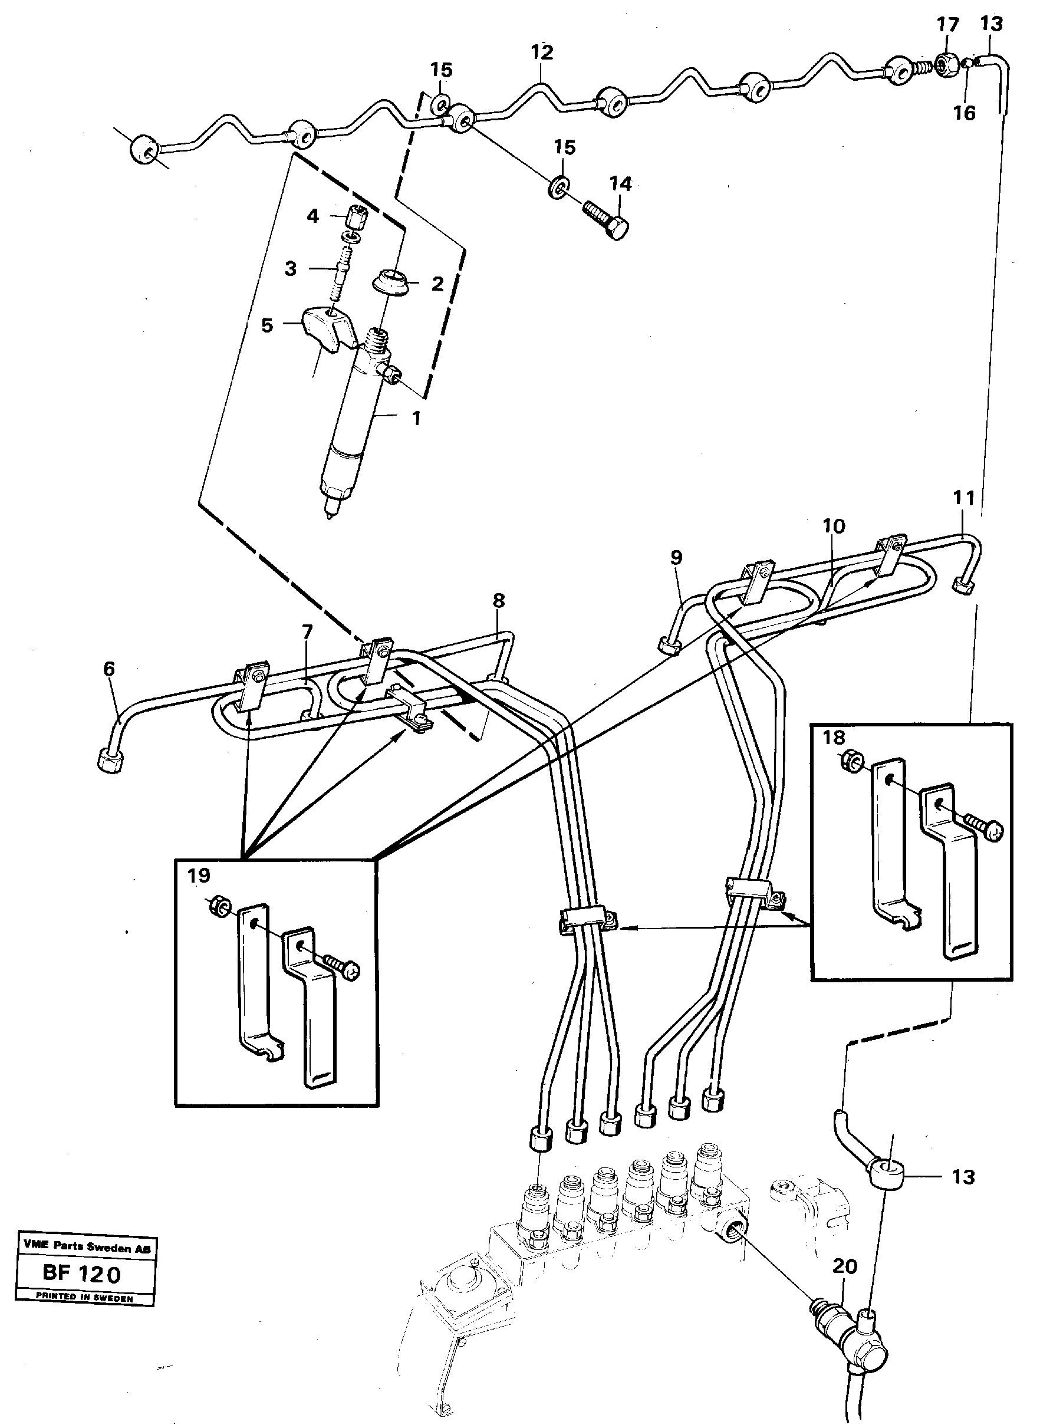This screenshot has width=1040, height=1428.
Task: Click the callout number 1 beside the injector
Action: point(416,418)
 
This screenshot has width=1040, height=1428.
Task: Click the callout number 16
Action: point(964,113)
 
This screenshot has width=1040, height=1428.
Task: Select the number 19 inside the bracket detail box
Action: point(198,875)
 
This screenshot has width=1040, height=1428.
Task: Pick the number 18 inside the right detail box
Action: point(834,738)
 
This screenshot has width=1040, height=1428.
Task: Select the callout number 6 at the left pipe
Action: point(110,669)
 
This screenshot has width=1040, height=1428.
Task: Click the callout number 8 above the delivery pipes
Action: point(499,600)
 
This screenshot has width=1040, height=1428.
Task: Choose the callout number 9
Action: point(676,557)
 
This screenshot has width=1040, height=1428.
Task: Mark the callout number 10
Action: point(834,526)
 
